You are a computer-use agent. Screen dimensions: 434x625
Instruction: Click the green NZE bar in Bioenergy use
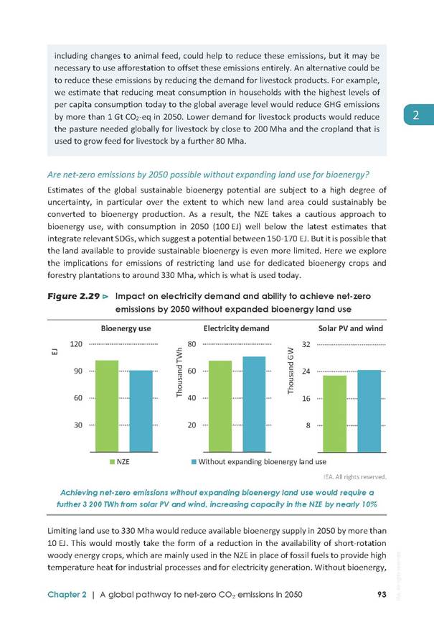[107, 406]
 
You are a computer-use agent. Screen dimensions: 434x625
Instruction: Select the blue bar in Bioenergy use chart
[141, 412]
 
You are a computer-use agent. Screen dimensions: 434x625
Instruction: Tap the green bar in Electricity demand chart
[220, 407]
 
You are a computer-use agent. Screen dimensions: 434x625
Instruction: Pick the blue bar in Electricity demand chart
[254, 404]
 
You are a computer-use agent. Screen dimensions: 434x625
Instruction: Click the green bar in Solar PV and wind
[334, 414]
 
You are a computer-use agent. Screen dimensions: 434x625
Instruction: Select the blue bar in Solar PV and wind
[369, 411]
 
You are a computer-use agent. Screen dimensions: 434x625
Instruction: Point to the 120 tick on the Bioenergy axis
[76, 344]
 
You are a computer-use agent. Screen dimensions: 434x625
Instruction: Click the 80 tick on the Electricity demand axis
[192, 344]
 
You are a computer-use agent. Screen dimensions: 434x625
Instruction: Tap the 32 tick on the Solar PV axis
[306, 344]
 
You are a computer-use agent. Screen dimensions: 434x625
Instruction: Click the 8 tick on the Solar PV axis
[308, 425]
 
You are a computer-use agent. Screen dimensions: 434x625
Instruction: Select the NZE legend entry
[120, 462]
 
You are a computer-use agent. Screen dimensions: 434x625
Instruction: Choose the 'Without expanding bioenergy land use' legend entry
[259, 462]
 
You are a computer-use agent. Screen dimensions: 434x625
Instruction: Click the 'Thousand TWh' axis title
[179, 372]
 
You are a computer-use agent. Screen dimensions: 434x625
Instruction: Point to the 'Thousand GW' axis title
[291, 370]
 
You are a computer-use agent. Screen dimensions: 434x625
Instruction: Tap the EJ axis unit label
[55, 351]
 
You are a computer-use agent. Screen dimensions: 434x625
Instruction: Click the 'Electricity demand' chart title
[237, 328]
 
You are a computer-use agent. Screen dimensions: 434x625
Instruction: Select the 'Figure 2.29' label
[74, 296]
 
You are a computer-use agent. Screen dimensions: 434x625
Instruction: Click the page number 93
[382, 594]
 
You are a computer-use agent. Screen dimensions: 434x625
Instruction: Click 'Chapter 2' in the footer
[67, 595]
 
